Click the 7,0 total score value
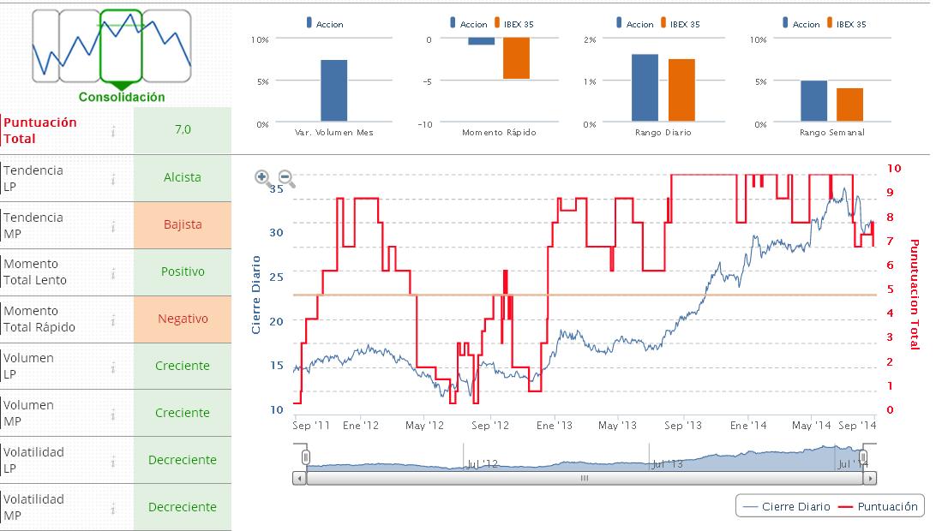pos(183,130)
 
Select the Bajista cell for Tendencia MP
pos(183,224)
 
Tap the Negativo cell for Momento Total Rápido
pos(183,319)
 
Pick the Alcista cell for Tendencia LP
pos(183,177)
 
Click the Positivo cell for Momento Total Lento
pos(183,271)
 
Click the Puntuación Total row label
pos(40,130)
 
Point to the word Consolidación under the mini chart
pos(122,98)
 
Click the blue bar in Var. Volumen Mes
pos(333,91)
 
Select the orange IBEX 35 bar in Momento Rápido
pos(516,58)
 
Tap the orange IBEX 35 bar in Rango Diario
pos(681,90)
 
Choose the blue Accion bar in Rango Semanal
pos(813,101)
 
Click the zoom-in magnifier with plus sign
pos(263,178)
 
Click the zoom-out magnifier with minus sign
pos(286,178)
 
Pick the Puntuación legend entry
pos(879,506)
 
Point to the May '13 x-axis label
pos(617,425)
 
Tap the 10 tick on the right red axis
pos(894,169)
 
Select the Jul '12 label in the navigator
pos(482,464)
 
